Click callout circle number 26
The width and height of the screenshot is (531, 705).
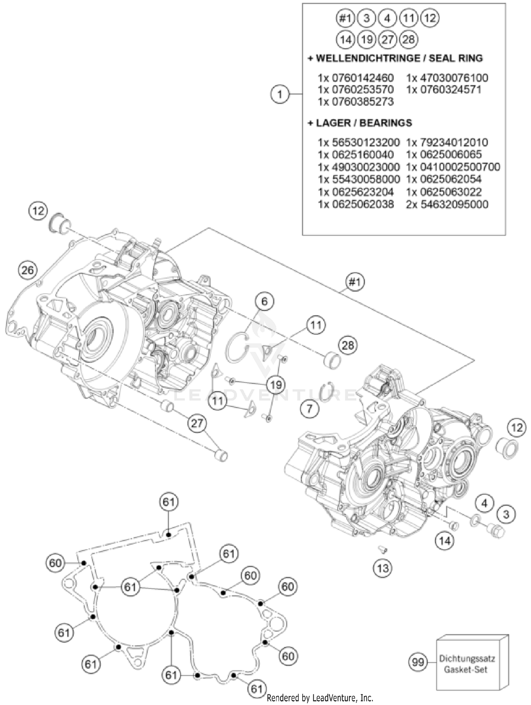[x=28, y=270]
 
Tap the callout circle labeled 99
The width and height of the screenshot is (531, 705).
[x=418, y=661]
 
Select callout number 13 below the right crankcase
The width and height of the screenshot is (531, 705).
[x=382, y=568]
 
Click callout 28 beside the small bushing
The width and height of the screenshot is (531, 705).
[x=348, y=345]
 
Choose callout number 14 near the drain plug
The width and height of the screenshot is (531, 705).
[x=445, y=540]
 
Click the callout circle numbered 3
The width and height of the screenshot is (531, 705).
[x=506, y=514]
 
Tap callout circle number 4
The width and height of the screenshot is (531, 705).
[x=485, y=503]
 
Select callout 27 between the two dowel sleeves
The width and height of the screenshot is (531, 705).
[x=197, y=423]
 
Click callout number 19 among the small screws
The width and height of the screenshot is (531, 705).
[x=276, y=384]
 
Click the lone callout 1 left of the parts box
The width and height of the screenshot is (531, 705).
[x=280, y=94]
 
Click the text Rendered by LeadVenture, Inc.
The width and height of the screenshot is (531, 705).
[x=320, y=698]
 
